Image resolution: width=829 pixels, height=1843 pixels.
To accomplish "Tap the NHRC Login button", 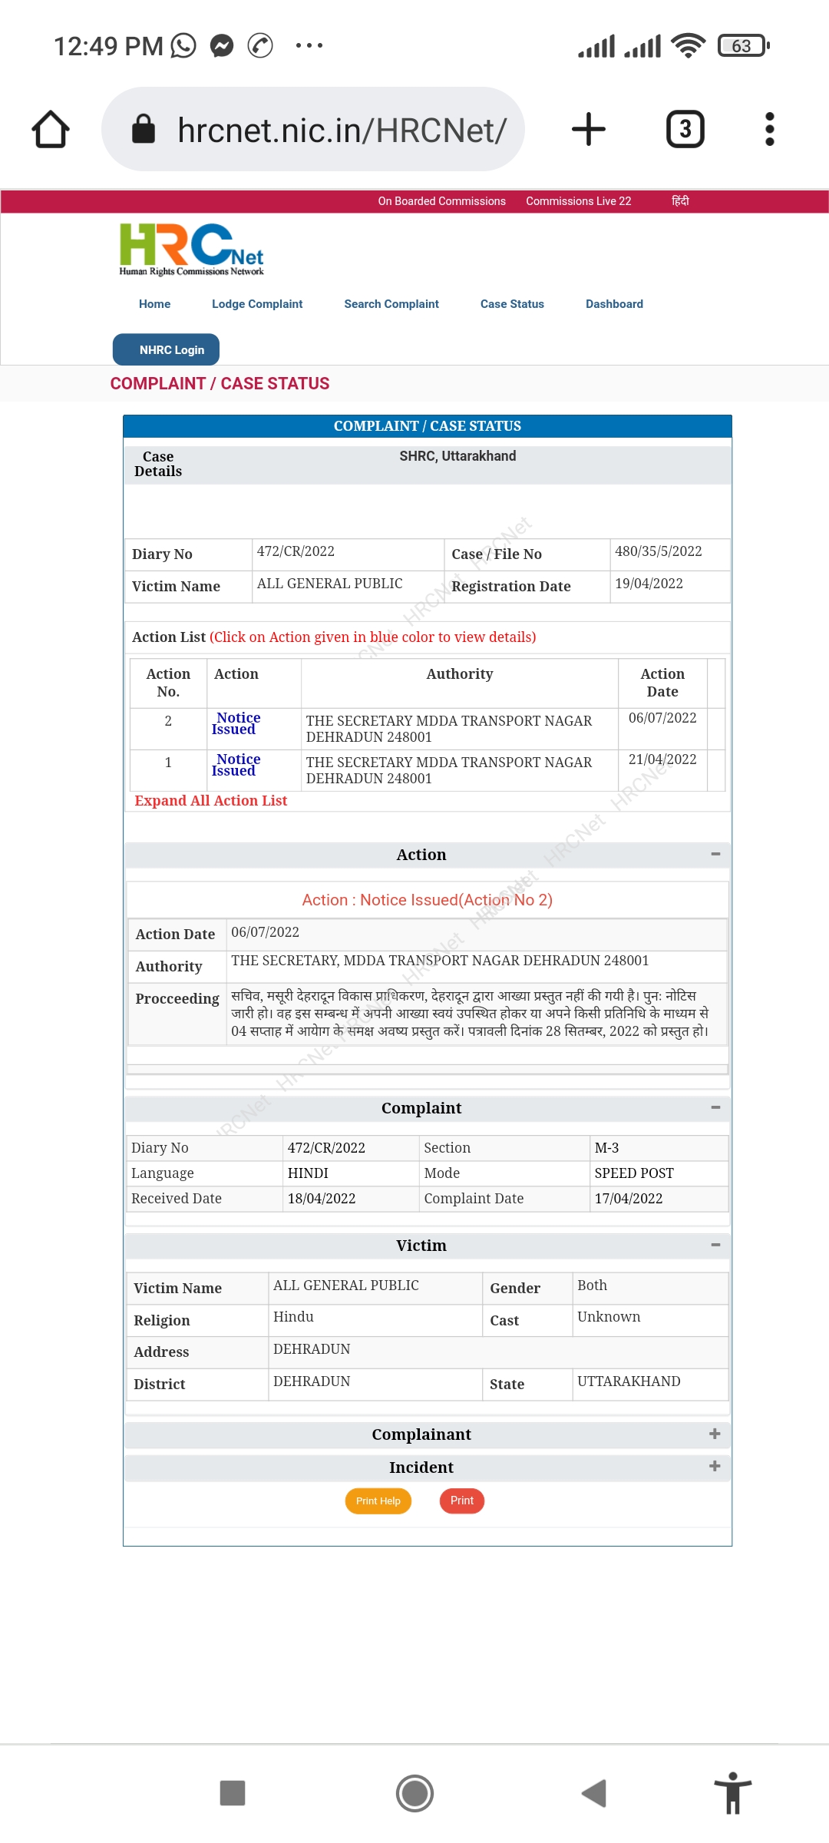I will tap(166, 349).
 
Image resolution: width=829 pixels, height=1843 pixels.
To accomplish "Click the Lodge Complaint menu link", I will tap(257, 304).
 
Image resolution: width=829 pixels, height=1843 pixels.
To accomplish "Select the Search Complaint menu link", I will tap(391, 304).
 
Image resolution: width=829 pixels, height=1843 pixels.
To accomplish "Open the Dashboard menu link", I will tap(614, 304).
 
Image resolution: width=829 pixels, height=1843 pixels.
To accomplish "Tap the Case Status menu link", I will tap(512, 304).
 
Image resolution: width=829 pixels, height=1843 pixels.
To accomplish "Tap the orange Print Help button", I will tap(378, 1501).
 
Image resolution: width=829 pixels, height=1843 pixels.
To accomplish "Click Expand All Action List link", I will tap(210, 800).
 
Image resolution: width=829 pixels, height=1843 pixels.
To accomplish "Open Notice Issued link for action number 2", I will tap(236, 723).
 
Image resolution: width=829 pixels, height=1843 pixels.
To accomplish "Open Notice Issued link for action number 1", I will tap(236, 765).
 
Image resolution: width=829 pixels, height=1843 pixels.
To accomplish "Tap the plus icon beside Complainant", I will tap(715, 1434).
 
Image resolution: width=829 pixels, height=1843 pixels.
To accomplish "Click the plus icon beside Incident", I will tap(715, 1466).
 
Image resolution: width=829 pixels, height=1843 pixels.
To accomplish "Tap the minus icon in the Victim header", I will tap(715, 1245).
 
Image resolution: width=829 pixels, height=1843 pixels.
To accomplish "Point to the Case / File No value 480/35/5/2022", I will tap(658, 551).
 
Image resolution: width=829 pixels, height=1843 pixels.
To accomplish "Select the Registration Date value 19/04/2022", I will tap(649, 584).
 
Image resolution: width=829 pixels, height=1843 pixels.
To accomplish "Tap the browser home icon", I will tap(51, 129).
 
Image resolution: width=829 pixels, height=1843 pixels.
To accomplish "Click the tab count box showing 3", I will tap(685, 129).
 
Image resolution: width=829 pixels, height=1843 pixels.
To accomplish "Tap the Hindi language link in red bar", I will tap(680, 201).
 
